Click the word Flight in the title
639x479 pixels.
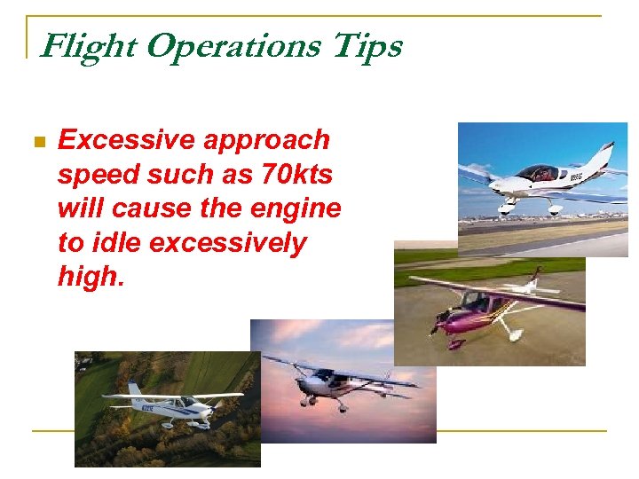pyautogui.click(x=89, y=45)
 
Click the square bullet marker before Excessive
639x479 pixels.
pyautogui.click(x=37, y=142)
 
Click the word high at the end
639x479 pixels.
pyautogui.click(x=88, y=277)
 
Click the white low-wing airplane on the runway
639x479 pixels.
pyautogui.click(x=541, y=182)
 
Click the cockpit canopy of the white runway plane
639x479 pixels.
pyautogui.click(x=537, y=172)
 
